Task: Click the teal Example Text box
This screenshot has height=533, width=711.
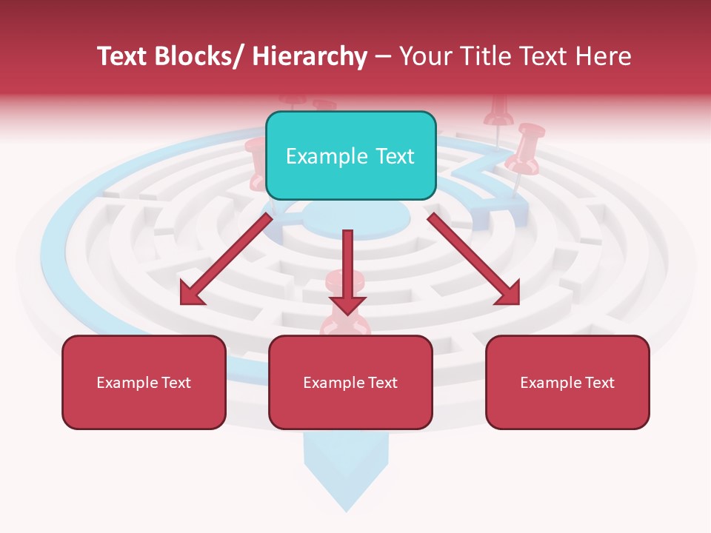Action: pyautogui.click(x=350, y=155)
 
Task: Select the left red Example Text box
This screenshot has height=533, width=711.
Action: pyautogui.click(x=144, y=382)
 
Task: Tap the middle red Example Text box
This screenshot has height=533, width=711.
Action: pyautogui.click(x=350, y=382)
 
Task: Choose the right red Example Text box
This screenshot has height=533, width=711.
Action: pyautogui.click(x=567, y=382)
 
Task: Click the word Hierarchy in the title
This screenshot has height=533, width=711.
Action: pyautogui.click(x=310, y=56)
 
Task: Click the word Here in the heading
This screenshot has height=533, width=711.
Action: pyautogui.click(x=604, y=56)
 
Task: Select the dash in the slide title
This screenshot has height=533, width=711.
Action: pyautogui.click(x=383, y=56)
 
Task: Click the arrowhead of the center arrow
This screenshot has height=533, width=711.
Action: pyautogui.click(x=347, y=304)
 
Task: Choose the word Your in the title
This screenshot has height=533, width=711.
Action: pyautogui.click(x=424, y=56)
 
